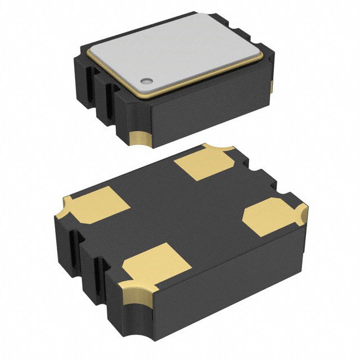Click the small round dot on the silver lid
pyautogui.click(x=147, y=81)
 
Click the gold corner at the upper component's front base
pyautogui.click(x=140, y=138)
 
